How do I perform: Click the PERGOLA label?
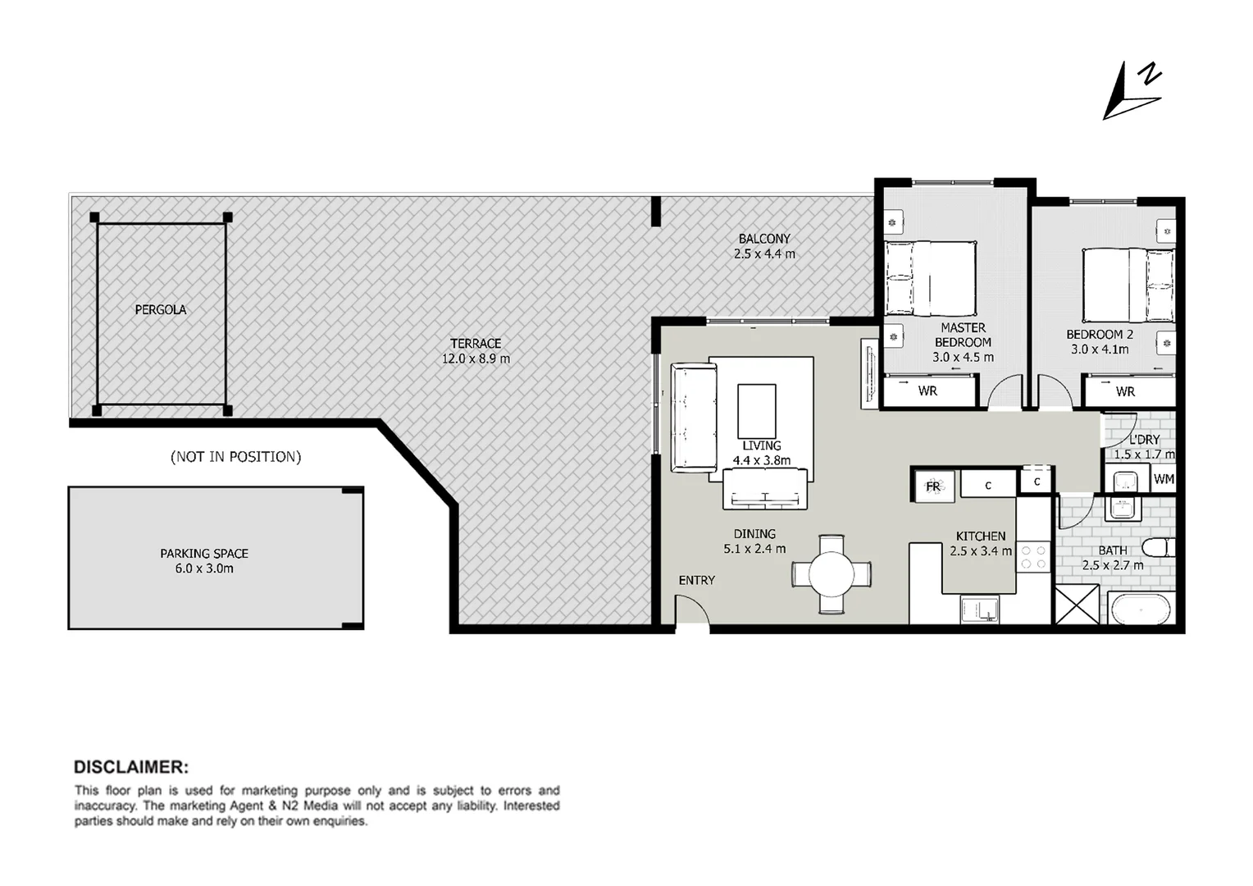click(161, 310)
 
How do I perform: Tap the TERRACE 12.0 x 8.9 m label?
click(476, 351)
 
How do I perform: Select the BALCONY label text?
click(764, 240)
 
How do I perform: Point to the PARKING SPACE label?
click(204, 554)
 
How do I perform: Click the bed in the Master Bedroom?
click(932, 278)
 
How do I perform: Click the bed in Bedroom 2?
click(1128, 285)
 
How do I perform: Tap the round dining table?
click(832, 573)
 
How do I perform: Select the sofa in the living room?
click(694, 418)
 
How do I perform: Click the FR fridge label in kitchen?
click(933, 486)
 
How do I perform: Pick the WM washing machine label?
click(1164, 479)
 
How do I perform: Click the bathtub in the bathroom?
click(1141, 610)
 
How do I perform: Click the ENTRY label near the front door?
click(697, 580)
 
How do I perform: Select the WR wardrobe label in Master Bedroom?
click(927, 391)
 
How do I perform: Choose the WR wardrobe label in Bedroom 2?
click(1126, 392)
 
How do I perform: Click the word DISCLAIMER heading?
click(131, 767)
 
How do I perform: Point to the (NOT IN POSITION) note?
click(236, 457)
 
